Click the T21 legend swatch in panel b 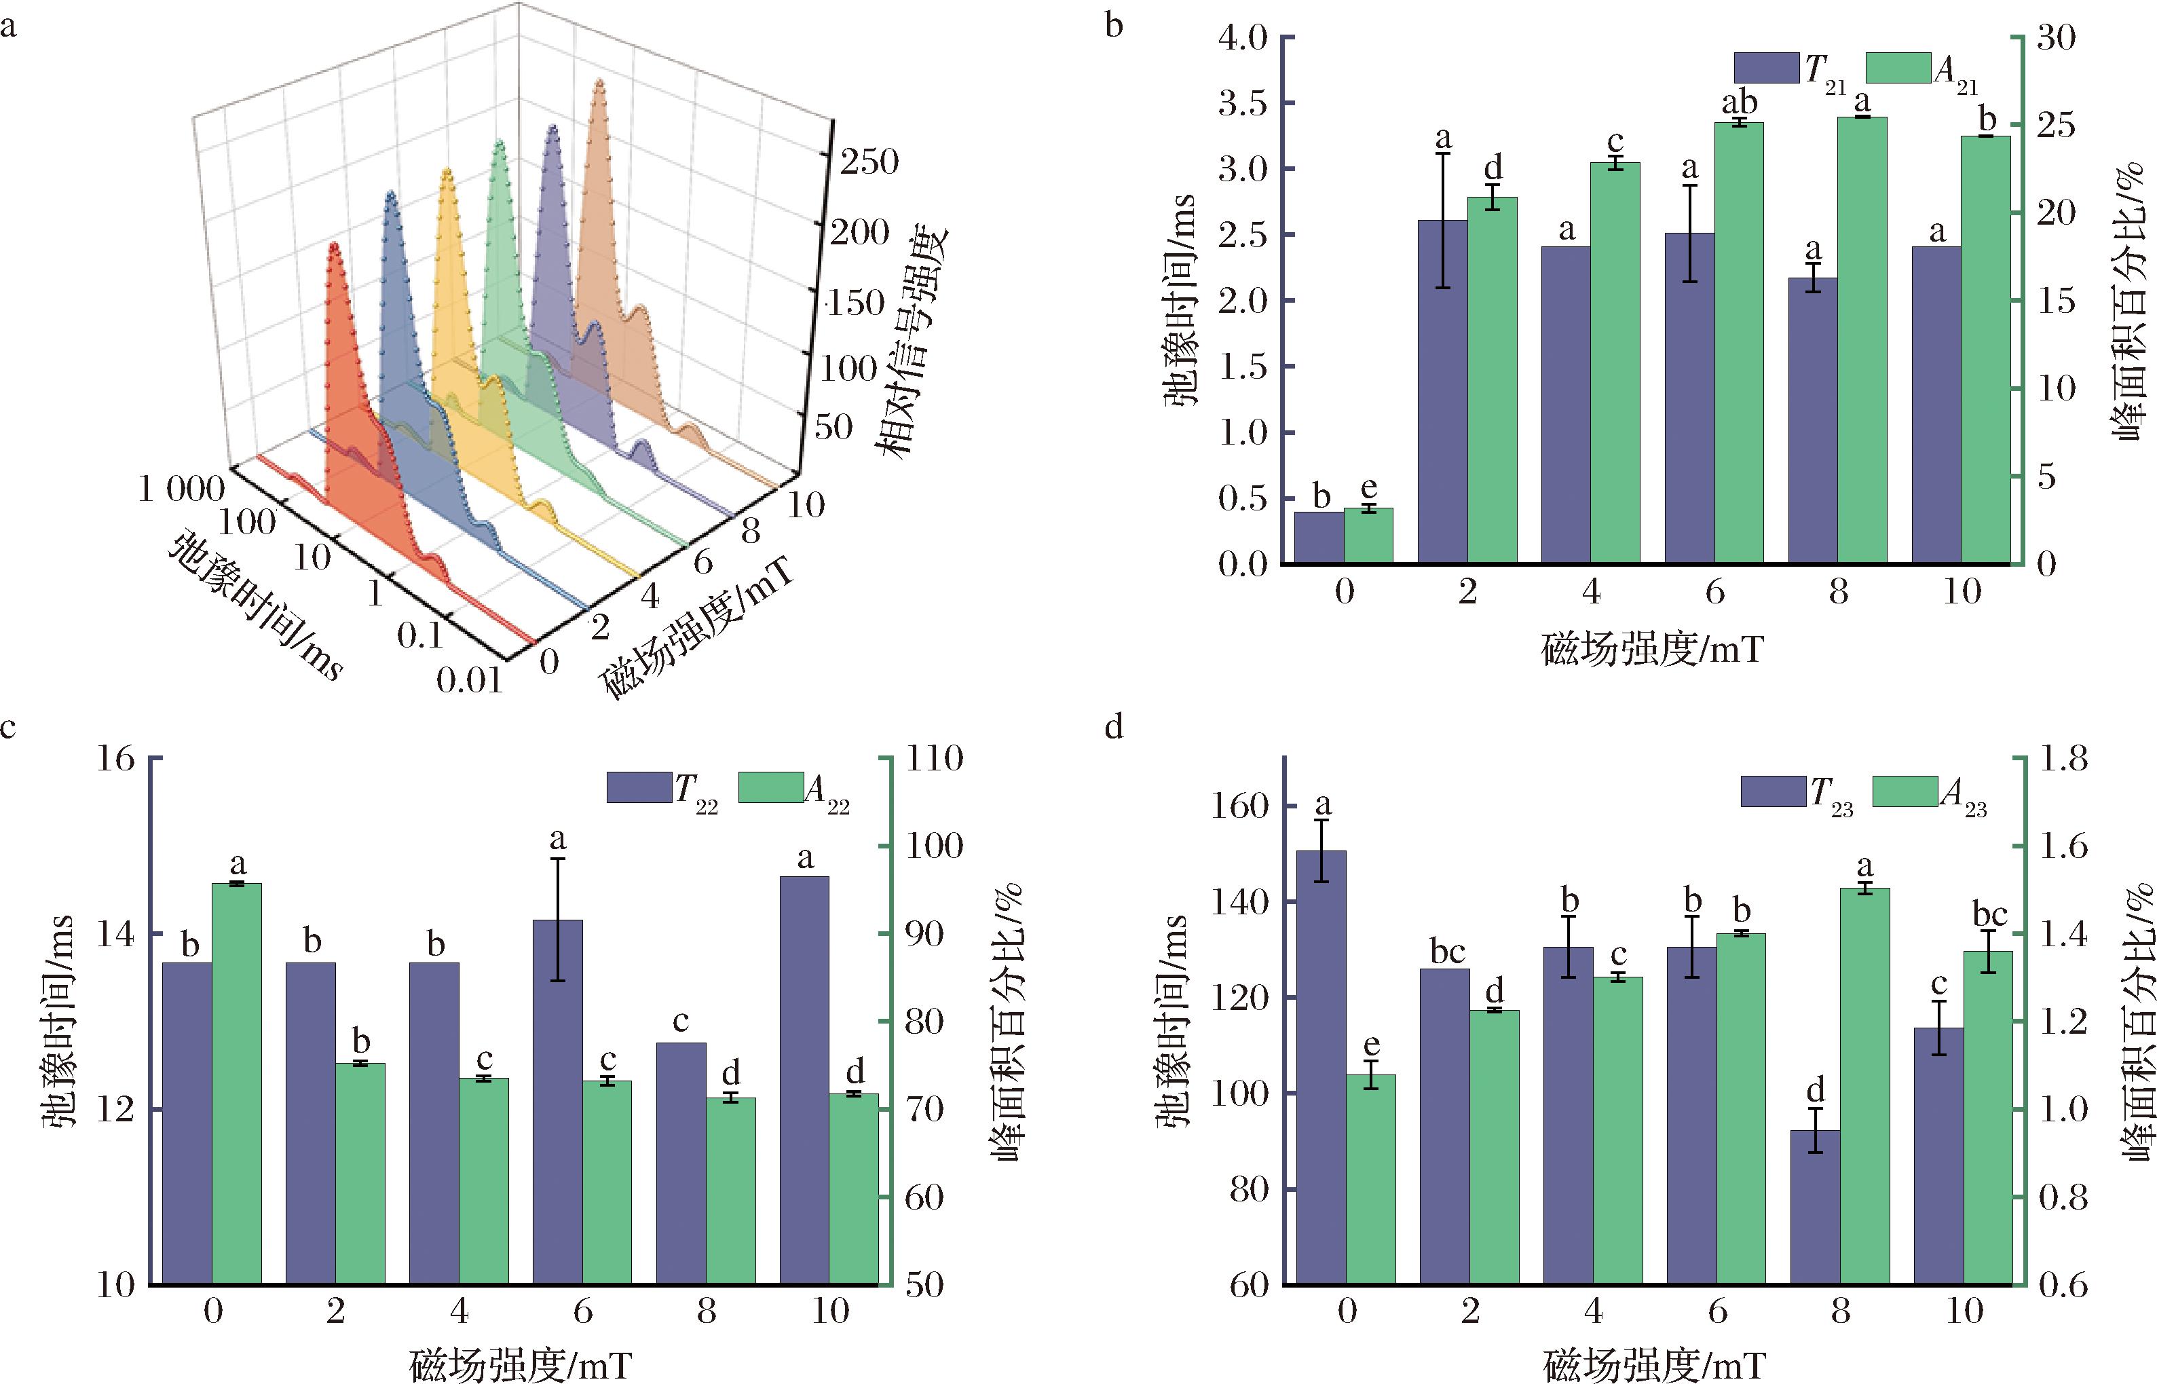tap(1766, 67)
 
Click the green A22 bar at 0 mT tap(237, 1083)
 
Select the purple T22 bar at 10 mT tap(804, 1079)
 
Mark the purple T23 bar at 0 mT tap(1321, 1067)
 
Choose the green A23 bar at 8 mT tap(1865, 1085)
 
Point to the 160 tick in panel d tap(1243, 806)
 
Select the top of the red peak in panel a tap(334, 244)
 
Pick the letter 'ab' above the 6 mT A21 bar tap(1738, 102)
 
